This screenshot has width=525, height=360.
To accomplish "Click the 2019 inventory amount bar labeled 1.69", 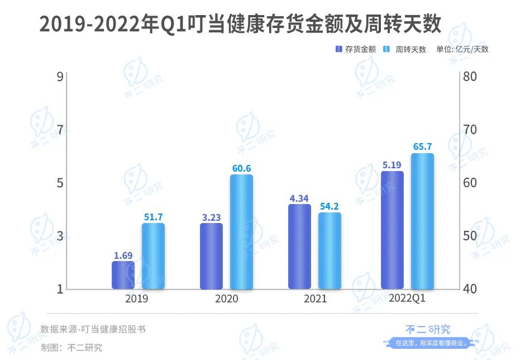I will click(x=123, y=275).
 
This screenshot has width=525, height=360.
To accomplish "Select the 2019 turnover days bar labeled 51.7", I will click(x=153, y=256).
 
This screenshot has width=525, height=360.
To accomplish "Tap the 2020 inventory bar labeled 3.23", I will click(x=211, y=256).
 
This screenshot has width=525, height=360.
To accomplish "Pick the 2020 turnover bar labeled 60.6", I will click(x=241, y=231).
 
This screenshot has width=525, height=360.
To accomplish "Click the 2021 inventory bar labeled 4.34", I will click(x=300, y=247).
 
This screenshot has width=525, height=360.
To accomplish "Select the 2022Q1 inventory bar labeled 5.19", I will click(x=392, y=230).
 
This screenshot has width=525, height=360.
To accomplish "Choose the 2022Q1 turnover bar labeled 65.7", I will click(x=422, y=221).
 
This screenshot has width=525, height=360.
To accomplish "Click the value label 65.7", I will click(x=423, y=147).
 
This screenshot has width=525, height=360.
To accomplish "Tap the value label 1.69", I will click(x=123, y=255).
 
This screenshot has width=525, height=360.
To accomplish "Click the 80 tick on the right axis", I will click(x=470, y=76).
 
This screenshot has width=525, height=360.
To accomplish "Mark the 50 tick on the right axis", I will click(x=470, y=236).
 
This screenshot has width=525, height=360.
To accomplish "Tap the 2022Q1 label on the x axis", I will click(x=407, y=299).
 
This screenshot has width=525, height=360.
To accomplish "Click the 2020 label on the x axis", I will click(x=226, y=299).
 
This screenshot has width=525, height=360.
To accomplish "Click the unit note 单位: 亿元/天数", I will click(x=462, y=49).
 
